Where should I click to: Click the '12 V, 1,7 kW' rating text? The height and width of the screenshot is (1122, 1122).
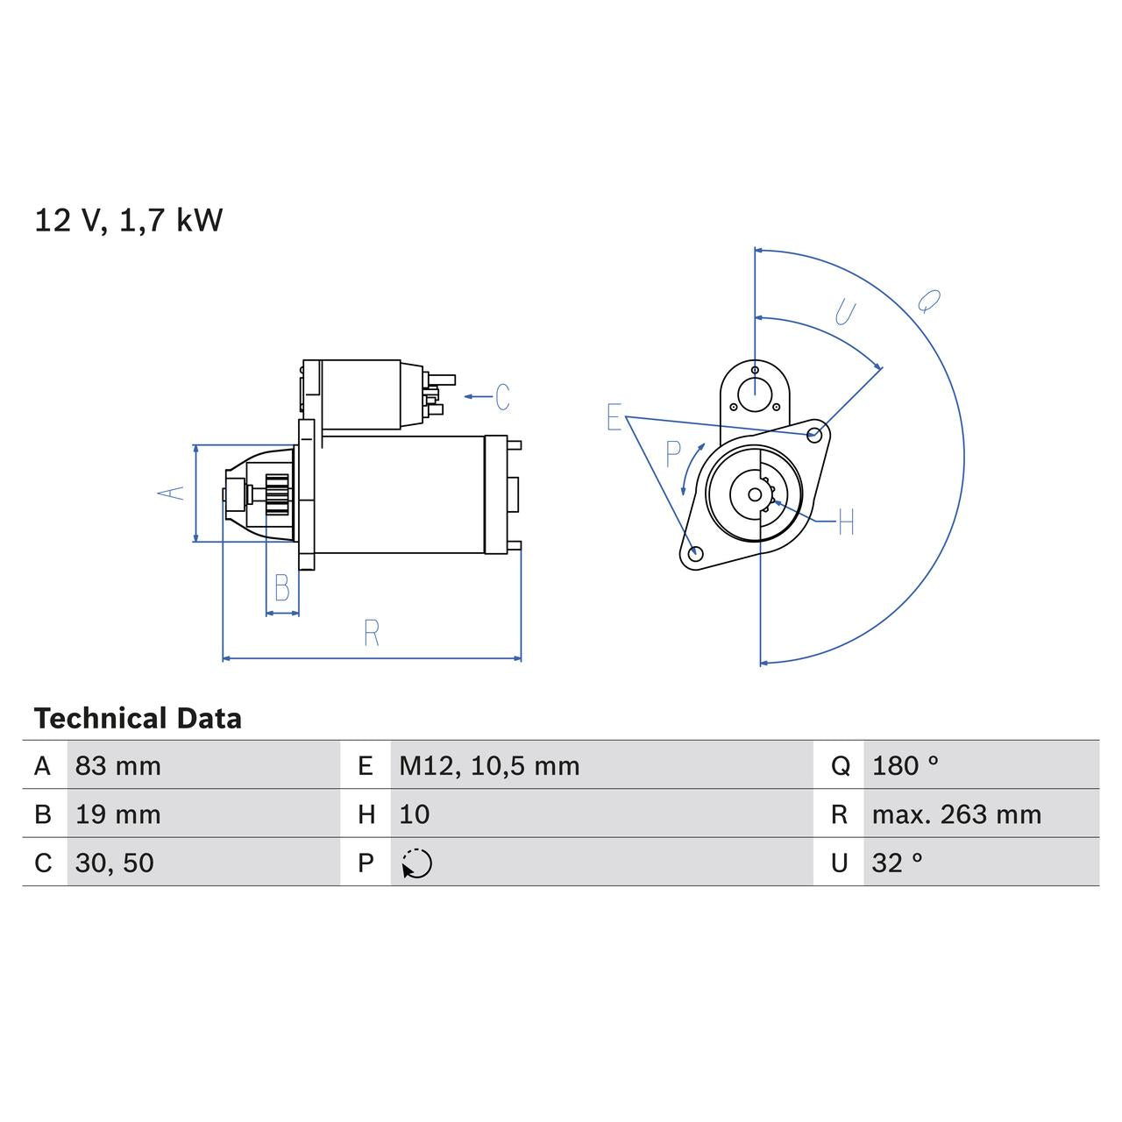tap(128, 220)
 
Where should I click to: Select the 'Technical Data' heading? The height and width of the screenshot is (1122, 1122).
tap(138, 719)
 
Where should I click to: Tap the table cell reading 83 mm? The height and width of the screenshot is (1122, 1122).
tap(118, 766)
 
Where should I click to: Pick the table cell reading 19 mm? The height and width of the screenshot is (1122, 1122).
tap(118, 814)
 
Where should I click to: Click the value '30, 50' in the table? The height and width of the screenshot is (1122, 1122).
tap(115, 863)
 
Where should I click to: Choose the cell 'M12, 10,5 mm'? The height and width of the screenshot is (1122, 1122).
tap(489, 766)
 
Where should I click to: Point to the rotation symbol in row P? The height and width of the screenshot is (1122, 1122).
tap(416, 863)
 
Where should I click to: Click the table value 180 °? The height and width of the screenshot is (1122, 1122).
tap(905, 766)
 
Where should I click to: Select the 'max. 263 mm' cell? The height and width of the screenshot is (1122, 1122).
tap(956, 814)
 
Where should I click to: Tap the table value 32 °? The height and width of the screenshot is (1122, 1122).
tap(897, 863)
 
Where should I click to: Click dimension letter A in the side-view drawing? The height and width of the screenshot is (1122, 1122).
tap(174, 493)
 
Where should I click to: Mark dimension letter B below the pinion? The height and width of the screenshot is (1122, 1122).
tap(282, 588)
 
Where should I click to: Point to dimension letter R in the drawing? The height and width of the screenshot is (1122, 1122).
tap(372, 633)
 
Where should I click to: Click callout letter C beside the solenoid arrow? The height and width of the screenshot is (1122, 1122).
tap(502, 397)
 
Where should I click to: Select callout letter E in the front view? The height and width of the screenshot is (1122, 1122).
tap(614, 417)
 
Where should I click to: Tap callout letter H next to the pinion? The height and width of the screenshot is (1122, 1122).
tap(846, 522)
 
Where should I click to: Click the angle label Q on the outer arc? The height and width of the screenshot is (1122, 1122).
tap(928, 302)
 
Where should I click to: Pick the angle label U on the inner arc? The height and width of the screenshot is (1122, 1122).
tap(845, 312)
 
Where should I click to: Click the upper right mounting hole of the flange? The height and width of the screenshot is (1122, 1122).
tap(814, 434)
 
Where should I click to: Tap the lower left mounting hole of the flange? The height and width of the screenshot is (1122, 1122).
tap(695, 553)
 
